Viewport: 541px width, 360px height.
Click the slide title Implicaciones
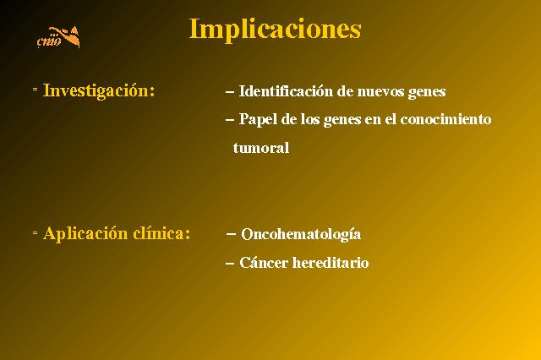(275, 30)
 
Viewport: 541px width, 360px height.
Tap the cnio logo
(58, 37)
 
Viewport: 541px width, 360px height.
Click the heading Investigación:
(99, 91)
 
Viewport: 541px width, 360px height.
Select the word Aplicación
(85, 234)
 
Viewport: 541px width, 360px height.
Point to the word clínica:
(161, 233)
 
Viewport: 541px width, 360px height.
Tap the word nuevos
(380, 92)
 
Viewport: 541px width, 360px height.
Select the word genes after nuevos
(427, 93)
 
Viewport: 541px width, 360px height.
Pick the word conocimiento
(445, 119)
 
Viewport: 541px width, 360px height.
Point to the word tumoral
(261, 148)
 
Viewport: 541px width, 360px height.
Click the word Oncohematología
(301, 234)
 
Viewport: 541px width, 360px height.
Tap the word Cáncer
(264, 263)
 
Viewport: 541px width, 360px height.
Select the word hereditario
(331, 263)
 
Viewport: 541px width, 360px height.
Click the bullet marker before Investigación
(35, 90)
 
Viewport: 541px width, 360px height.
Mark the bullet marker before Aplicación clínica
(35, 232)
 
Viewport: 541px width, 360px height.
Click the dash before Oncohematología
(231, 234)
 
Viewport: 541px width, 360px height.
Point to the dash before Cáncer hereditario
(230, 264)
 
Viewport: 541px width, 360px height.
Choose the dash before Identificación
(230, 92)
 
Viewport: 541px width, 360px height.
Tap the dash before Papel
(230, 120)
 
